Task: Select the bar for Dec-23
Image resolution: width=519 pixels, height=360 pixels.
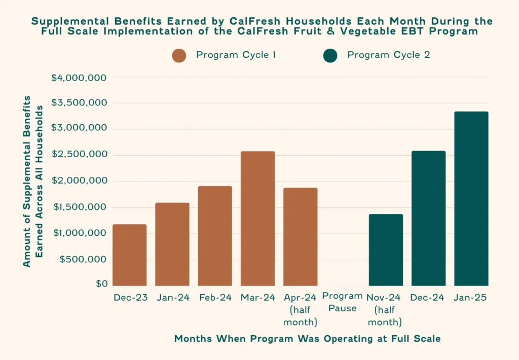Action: click(x=129, y=255)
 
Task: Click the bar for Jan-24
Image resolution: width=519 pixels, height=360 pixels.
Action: click(x=172, y=244)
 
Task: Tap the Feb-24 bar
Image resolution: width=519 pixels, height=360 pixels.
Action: click(x=215, y=236)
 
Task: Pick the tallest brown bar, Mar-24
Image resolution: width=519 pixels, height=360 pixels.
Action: click(x=257, y=219)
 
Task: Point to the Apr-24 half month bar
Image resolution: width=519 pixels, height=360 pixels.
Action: click(x=300, y=237)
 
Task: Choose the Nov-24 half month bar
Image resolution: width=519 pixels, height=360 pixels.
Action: click(x=386, y=250)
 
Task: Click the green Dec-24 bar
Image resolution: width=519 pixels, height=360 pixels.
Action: click(x=428, y=219)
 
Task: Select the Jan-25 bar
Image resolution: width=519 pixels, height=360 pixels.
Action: click(x=471, y=199)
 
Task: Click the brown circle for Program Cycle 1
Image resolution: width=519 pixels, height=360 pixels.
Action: click(x=179, y=55)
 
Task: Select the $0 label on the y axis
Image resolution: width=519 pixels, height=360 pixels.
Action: click(x=101, y=284)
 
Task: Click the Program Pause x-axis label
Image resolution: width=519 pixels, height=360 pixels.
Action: click(x=343, y=302)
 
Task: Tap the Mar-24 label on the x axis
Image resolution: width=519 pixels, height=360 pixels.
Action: click(x=257, y=298)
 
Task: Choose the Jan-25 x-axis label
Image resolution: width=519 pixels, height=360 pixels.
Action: click(x=471, y=298)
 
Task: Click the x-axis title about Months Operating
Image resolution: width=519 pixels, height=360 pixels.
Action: click(x=307, y=339)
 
